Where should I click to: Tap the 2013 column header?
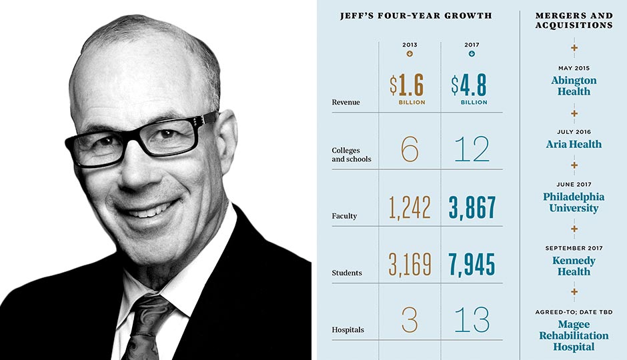point(410,45)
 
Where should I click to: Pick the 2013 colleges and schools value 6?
point(410,150)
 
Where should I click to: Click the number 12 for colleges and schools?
point(471,150)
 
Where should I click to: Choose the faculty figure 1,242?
point(410,208)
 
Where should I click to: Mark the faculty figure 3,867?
point(472,208)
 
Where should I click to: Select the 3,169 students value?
point(410,264)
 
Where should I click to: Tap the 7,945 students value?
point(472,264)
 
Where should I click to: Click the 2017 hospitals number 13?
point(471,321)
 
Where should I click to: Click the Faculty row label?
point(344,216)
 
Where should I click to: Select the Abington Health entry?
point(574,85)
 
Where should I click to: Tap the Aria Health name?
point(574,144)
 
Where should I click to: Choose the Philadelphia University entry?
point(574,203)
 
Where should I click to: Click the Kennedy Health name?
point(574,266)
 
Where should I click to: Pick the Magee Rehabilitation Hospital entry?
point(574,335)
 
